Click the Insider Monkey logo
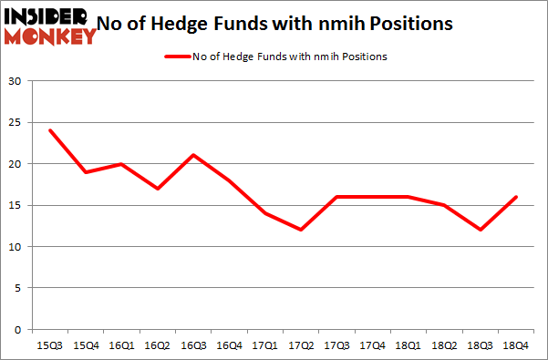[50, 25]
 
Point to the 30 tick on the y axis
[15, 82]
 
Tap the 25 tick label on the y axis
[15, 123]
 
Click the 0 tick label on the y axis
[18, 330]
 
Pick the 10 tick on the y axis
[15, 247]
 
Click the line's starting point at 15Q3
[49, 130]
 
